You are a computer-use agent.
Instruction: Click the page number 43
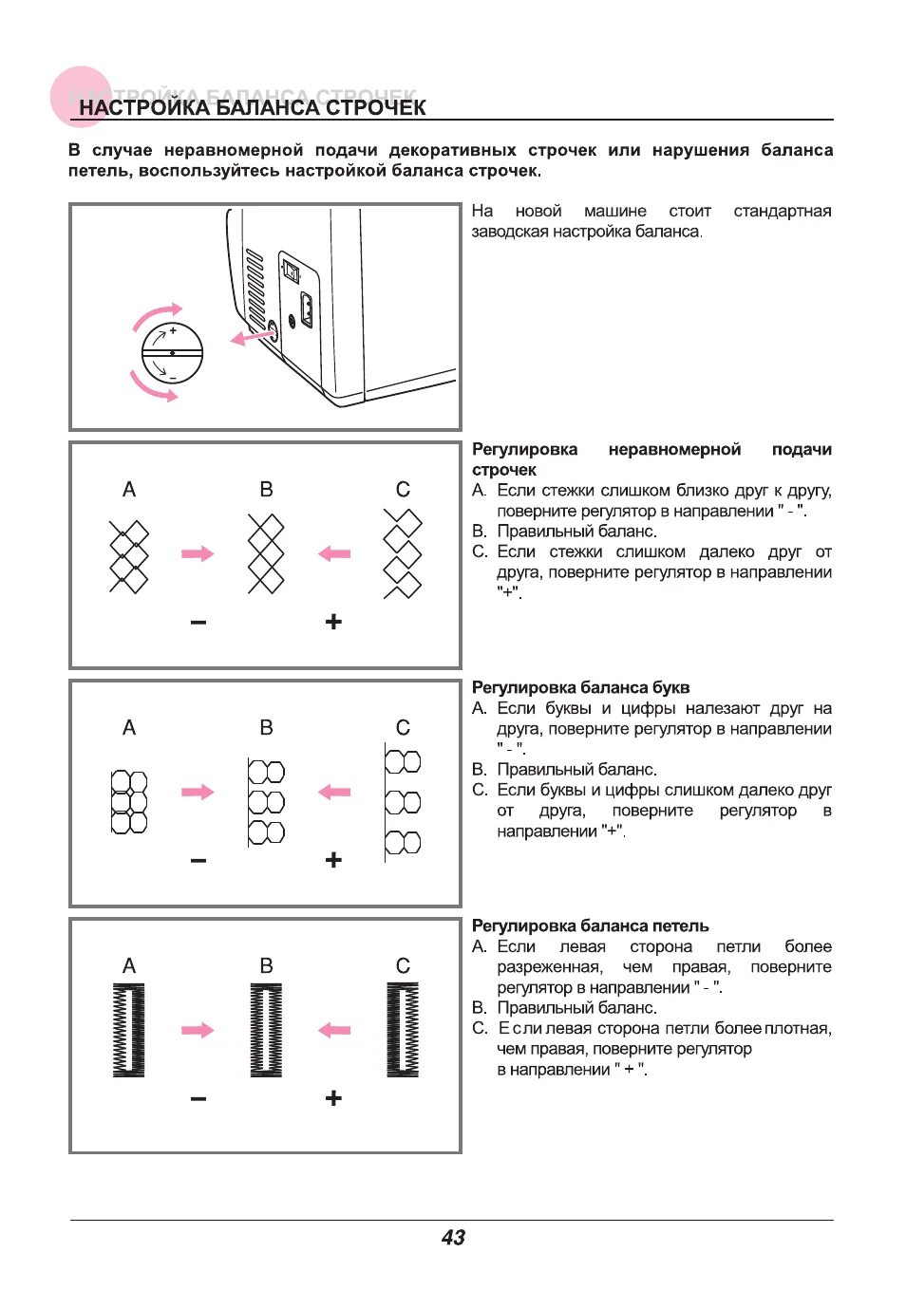pyautogui.click(x=453, y=1237)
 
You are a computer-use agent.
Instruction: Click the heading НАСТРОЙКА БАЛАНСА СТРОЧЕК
pyautogui.click(x=252, y=107)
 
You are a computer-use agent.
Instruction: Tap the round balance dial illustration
pyautogui.click(x=172, y=353)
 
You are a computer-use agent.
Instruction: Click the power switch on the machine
pyautogui.click(x=291, y=273)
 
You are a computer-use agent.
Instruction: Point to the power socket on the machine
pyautogui.click(x=306, y=309)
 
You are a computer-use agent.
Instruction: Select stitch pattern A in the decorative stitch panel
pyautogui.click(x=129, y=555)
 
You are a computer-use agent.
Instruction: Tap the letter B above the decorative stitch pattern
pyautogui.click(x=266, y=490)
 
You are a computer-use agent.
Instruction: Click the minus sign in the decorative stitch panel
pyautogui.click(x=198, y=623)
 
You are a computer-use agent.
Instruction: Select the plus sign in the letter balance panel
pyautogui.click(x=333, y=860)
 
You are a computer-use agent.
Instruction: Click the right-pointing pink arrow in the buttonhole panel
pyautogui.click(x=198, y=1030)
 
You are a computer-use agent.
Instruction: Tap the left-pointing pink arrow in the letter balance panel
pyautogui.click(x=334, y=792)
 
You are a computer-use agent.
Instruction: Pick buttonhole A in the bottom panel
pyautogui.click(x=129, y=1030)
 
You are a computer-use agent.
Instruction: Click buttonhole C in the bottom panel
pyautogui.click(x=403, y=1030)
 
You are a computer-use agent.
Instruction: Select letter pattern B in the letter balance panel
pyautogui.click(x=266, y=802)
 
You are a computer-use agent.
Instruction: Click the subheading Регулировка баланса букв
pyautogui.click(x=580, y=687)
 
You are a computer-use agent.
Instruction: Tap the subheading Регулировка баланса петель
pyautogui.click(x=590, y=925)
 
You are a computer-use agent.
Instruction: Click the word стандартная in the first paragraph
pyautogui.click(x=782, y=211)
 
